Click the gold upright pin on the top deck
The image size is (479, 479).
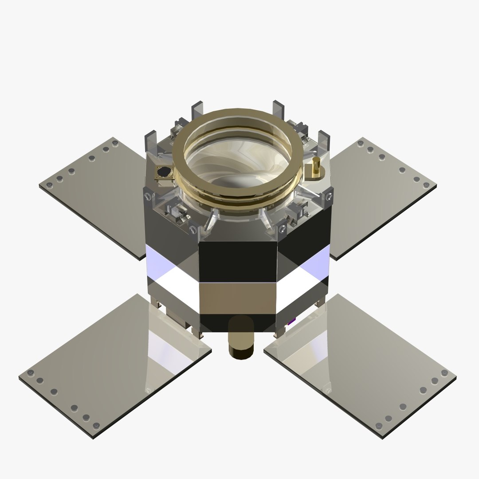coord(317,166)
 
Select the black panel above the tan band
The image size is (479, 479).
coord(238,262)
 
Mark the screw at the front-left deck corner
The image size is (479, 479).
coord(193,230)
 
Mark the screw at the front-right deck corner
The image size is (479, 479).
coord(283,229)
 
